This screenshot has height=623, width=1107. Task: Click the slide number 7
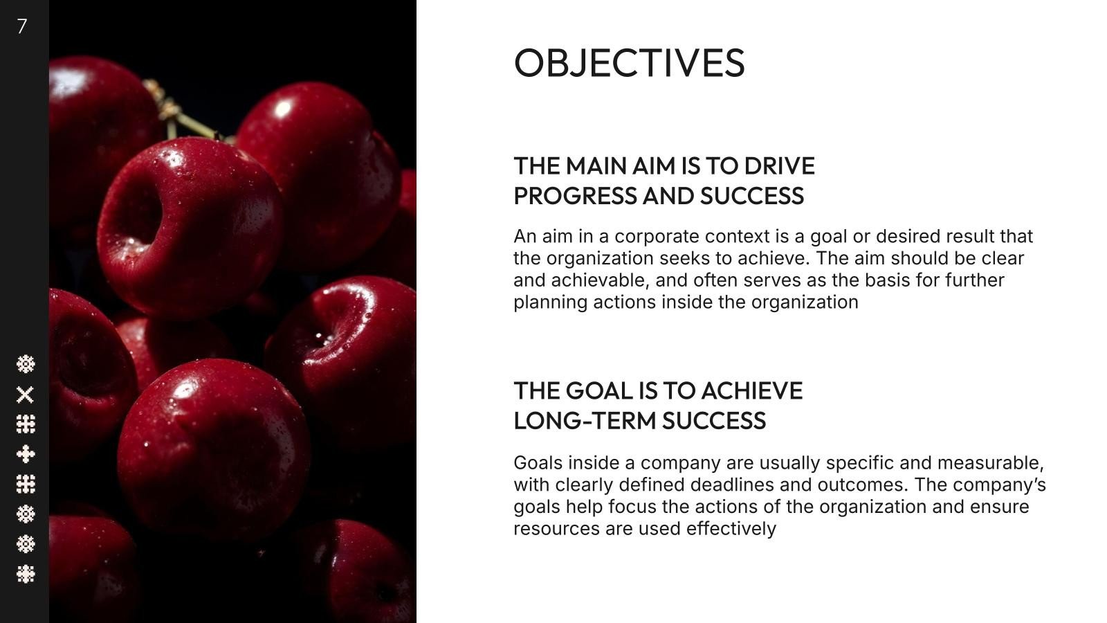click(x=21, y=26)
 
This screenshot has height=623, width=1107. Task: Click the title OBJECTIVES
click(x=629, y=63)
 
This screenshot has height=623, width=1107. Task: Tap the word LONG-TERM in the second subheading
click(x=585, y=422)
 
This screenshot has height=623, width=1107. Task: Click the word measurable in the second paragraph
click(x=990, y=463)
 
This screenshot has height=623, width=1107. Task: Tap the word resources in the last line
click(x=556, y=529)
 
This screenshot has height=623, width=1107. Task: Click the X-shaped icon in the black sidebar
click(x=25, y=395)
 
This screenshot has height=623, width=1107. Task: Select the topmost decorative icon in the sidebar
click(x=26, y=364)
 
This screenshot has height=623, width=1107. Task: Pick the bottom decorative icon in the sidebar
click(x=26, y=574)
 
